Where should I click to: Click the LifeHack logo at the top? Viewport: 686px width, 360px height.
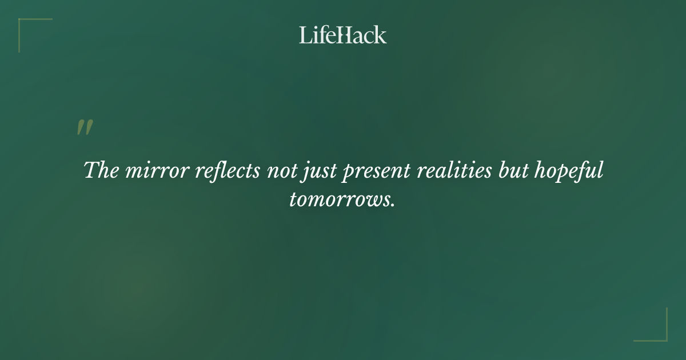343,35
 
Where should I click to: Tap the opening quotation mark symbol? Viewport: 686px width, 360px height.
85,128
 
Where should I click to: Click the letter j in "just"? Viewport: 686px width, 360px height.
304,173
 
